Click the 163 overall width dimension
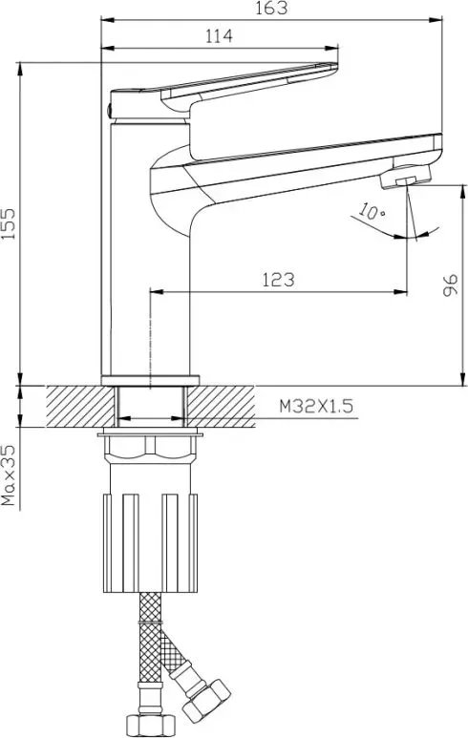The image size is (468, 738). [x=271, y=9]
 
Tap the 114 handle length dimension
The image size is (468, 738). [x=219, y=36]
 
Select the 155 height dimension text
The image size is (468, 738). [x=9, y=223]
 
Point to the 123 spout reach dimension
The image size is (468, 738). [x=278, y=280]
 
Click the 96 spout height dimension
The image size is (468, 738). [x=451, y=285]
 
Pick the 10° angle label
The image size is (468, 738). [x=371, y=211]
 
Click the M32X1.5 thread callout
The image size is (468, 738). [x=316, y=406]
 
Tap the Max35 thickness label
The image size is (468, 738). [x=9, y=475]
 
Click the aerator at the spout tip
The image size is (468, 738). [x=406, y=177]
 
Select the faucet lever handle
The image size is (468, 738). [x=222, y=91]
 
